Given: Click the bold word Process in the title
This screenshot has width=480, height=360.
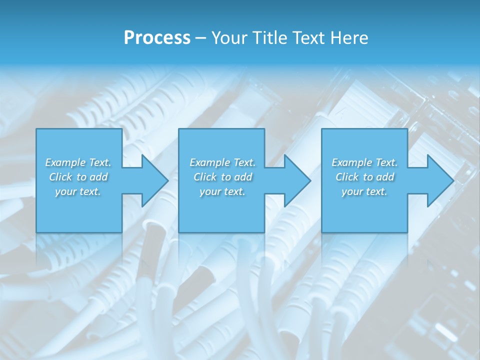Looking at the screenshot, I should click(157, 38).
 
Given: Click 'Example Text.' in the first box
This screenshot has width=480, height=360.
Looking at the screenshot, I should click(78, 162).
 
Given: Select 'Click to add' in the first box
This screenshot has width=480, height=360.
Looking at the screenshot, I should click(78, 177).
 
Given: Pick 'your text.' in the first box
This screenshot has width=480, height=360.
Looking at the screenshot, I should click(78, 191).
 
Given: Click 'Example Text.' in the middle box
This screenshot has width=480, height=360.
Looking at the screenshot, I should click(222, 162).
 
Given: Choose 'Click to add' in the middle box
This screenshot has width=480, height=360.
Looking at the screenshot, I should click(223, 177).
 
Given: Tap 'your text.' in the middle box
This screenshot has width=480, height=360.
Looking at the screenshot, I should click(222, 191).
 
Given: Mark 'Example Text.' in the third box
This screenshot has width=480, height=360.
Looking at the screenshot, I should click(364, 162).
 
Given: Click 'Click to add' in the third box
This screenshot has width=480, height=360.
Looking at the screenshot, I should click(365, 177).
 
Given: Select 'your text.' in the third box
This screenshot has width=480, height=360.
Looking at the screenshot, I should click(364, 191).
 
